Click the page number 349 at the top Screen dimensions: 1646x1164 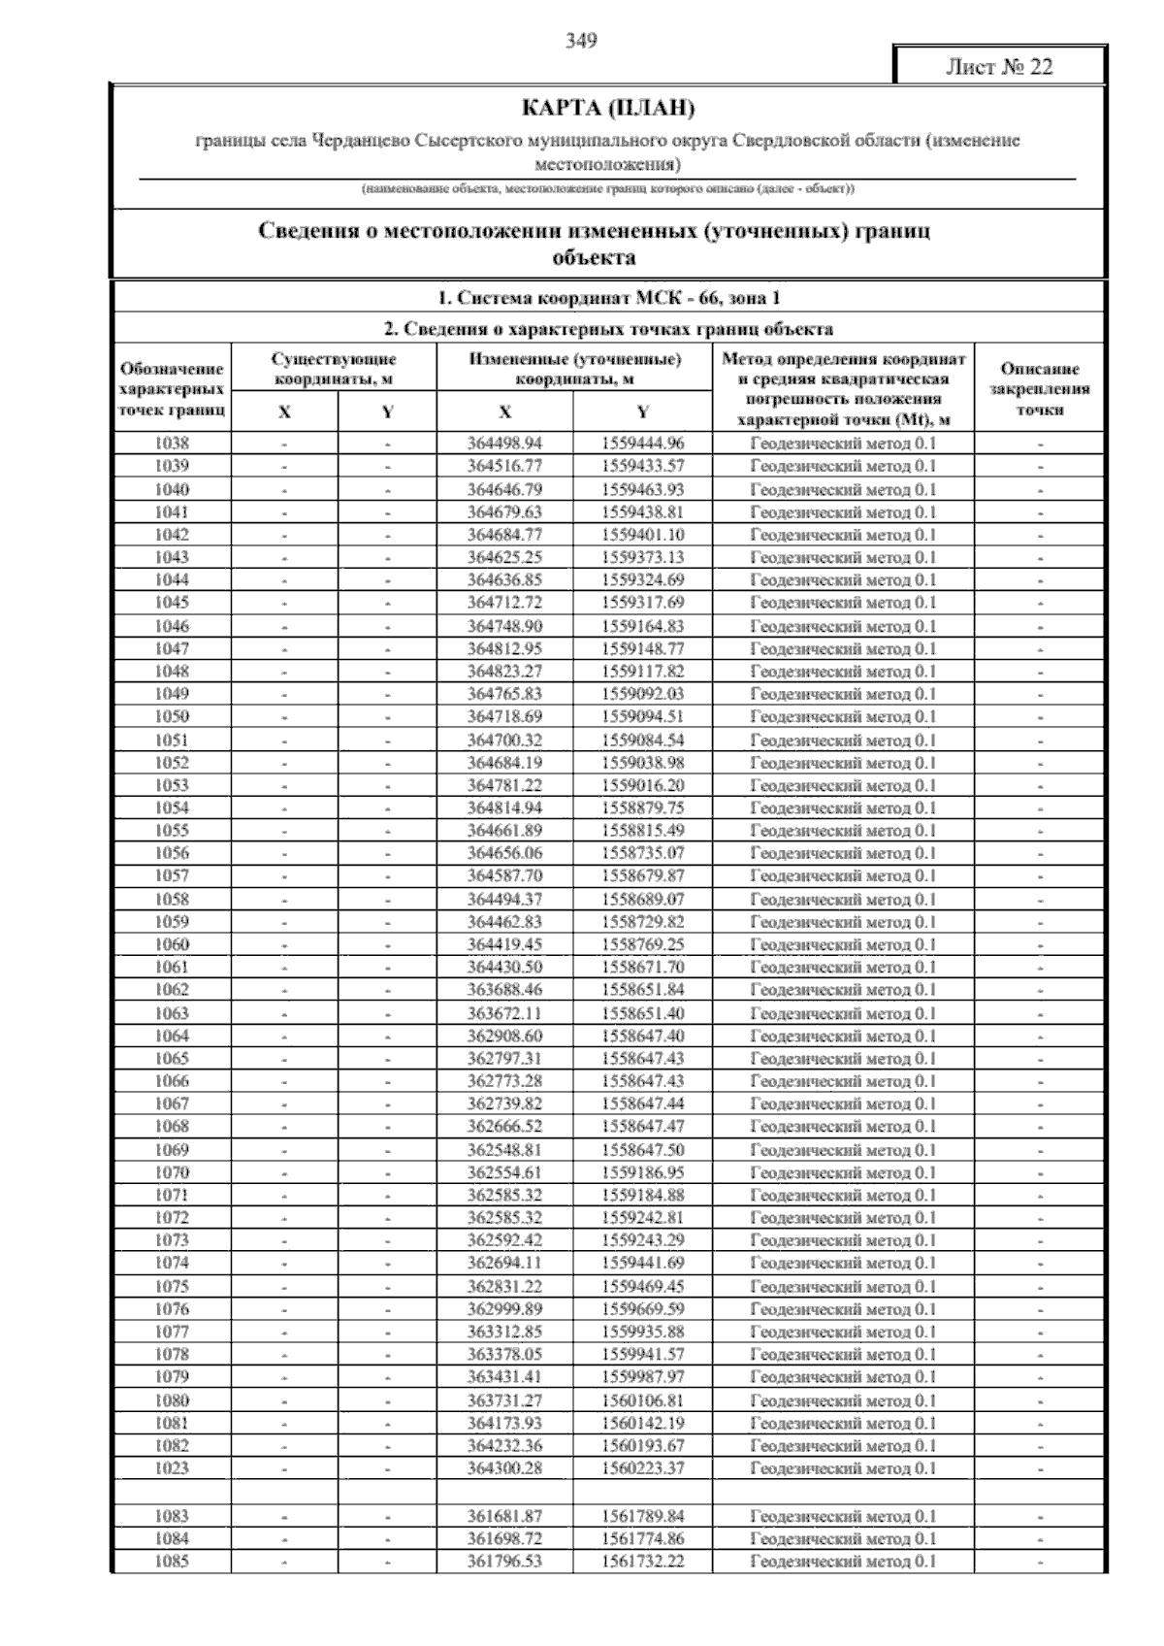click(x=581, y=41)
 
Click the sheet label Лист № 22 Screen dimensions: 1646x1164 click(x=998, y=67)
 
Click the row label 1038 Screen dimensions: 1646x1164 click(x=172, y=444)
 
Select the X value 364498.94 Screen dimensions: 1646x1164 click(x=504, y=444)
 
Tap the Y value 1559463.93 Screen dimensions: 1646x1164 click(x=642, y=489)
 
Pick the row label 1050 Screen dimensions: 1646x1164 click(x=172, y=716)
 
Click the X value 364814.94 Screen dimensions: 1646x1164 click(x=504, y=807)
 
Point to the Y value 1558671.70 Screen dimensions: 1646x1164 click(x=642, y=967)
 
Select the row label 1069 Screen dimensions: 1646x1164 click(x=172, y=1150)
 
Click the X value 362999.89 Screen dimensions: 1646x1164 click(x=504, y=1309)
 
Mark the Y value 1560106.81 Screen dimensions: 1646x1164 click(x=642, y=1400)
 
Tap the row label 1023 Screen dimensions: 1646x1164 click(x=172, y=1468)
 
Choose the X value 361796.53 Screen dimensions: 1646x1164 click(x=504, y=1562)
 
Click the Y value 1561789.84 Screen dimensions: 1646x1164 click(x=642, y=1516)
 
